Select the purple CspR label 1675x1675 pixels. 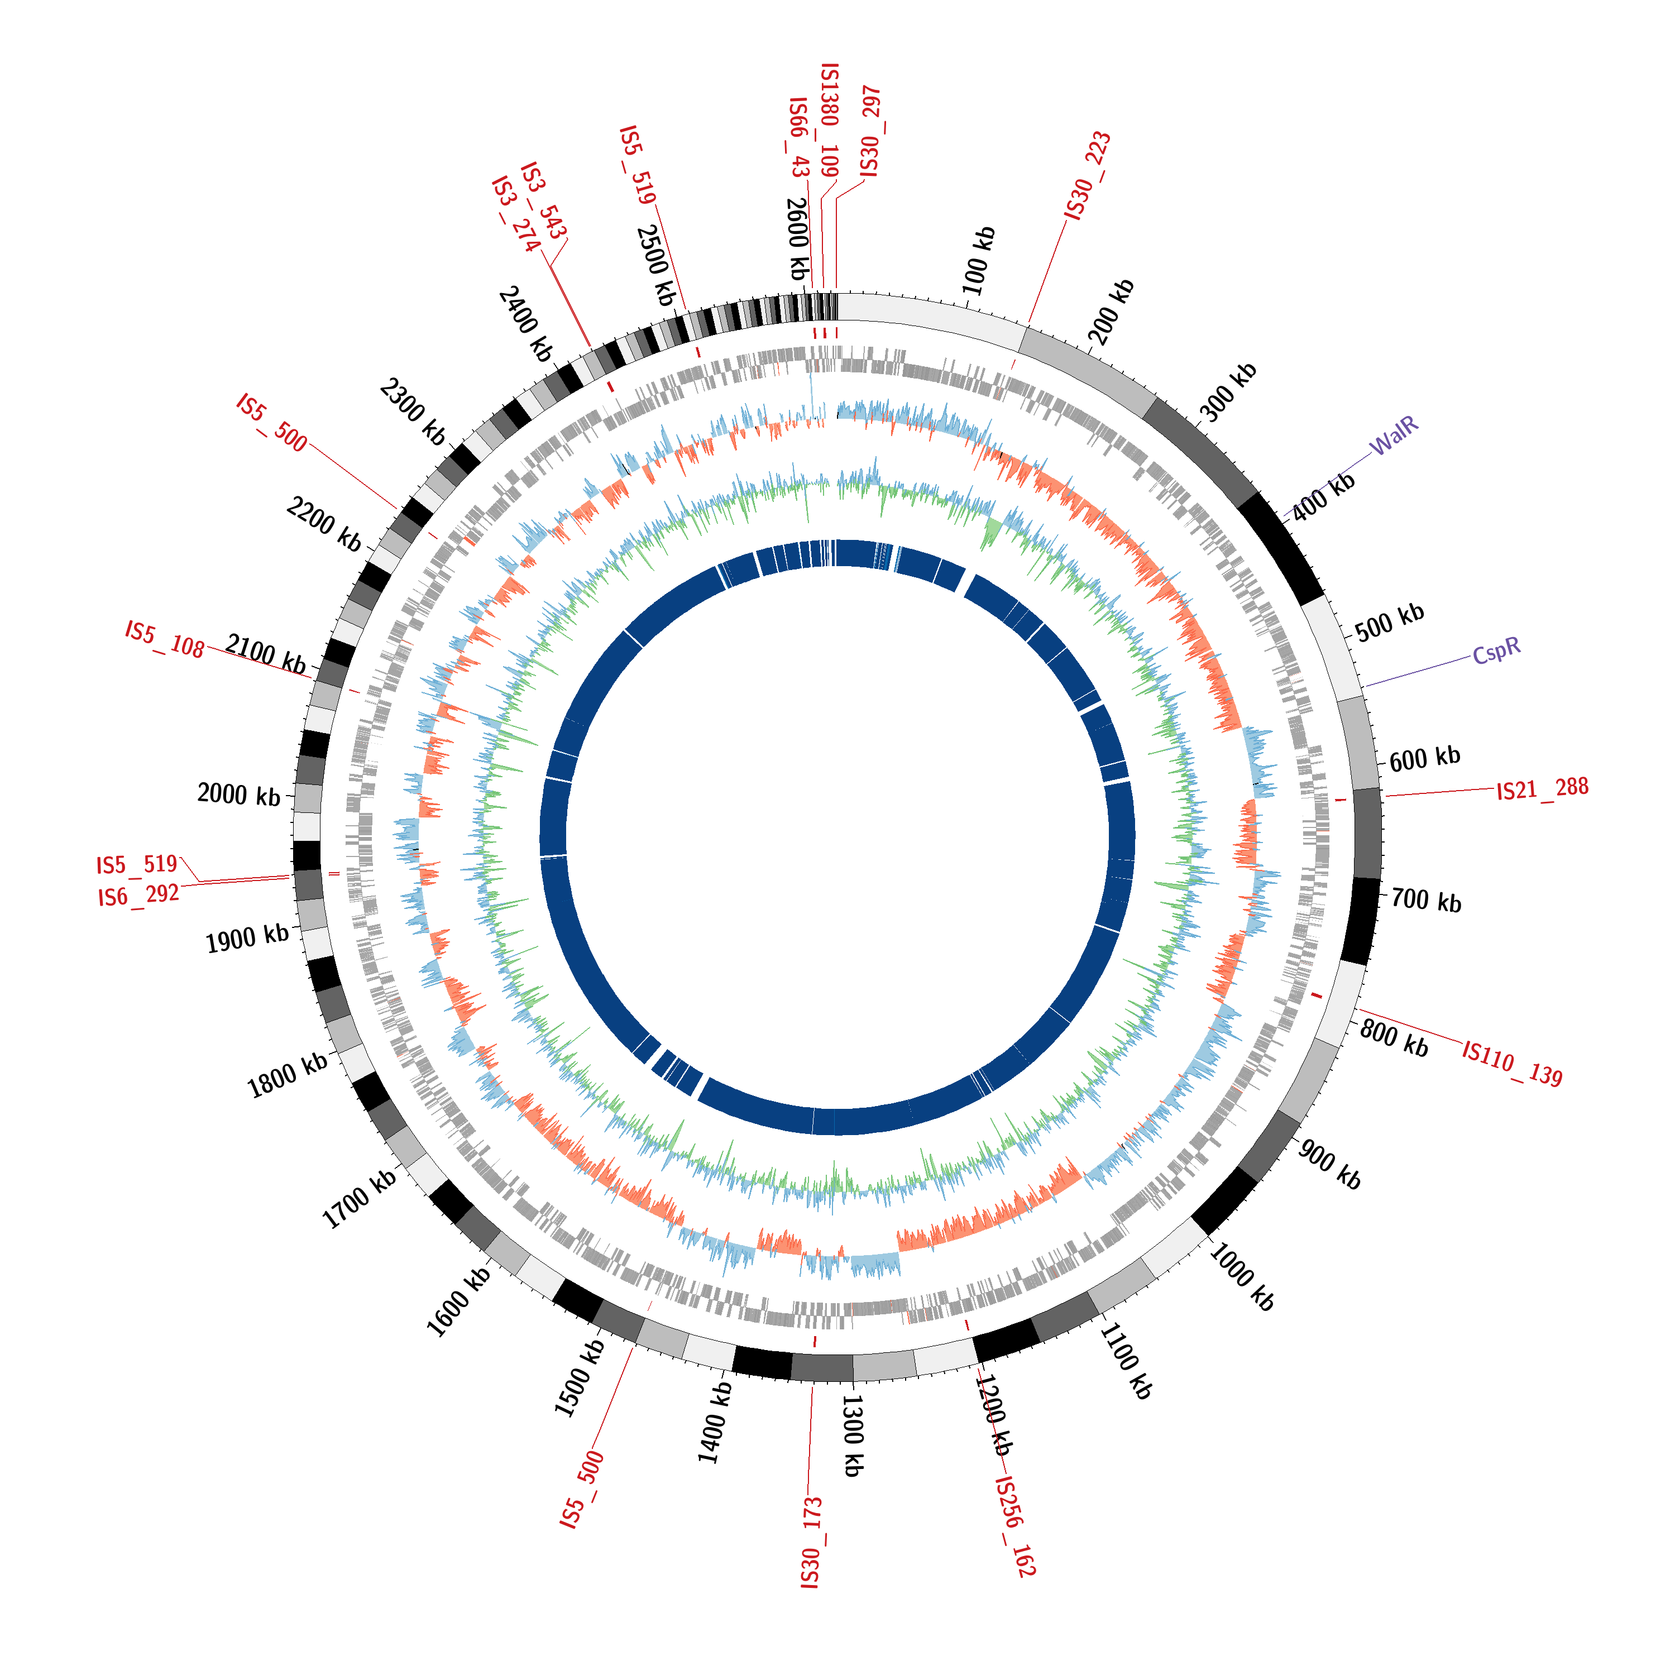pyautogui.click(x=1496, y=650)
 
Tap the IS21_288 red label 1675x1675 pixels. pyautogui.click(x=1542, y=789)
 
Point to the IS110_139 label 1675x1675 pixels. pyautogui.click(x=1512, y=1064)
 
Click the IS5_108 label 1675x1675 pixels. pyautogui.click(x=165, y=638)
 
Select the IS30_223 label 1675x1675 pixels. pyautogui.click(x=1088, y=176)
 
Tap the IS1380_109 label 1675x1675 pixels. pyautogui.click(x=830, y=119)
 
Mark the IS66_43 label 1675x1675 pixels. pyautogui.click(x=798, y=137)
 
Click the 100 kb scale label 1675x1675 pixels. pyautogui.click(x=979, y=261)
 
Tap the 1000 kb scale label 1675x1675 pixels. pyautogui.click(x=1242, y=1277)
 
